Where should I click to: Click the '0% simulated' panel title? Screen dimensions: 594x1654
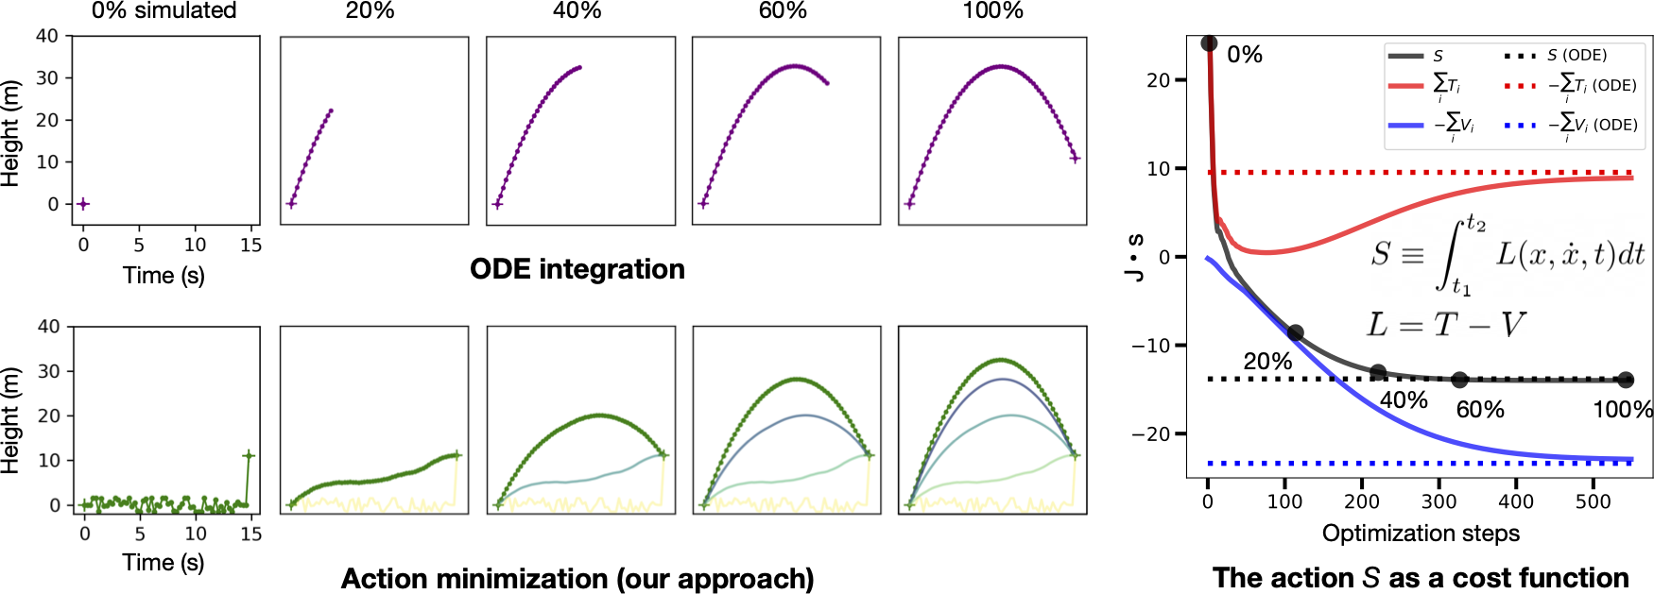point(164,11)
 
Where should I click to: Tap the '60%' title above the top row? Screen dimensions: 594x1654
point(783,11)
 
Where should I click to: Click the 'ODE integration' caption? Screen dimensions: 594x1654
point(577,269)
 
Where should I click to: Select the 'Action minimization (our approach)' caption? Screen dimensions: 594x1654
point(577,578)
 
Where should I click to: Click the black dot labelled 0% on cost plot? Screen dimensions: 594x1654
point(1209,43)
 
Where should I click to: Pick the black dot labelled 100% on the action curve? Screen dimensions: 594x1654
point(1625,380)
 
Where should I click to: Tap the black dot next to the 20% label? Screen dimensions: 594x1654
point(1295,333)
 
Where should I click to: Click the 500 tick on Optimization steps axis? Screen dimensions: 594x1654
point(1593,501)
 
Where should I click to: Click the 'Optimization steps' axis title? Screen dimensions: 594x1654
point(1420,534)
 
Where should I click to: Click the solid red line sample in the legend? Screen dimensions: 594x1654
point(1405,86)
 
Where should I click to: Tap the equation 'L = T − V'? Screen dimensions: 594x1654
point(1444,325)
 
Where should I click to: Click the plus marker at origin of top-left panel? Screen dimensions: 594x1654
point(83,204)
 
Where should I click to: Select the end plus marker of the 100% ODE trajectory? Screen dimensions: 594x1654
point(1075,159)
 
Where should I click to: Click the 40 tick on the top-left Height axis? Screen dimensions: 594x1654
point(47,37)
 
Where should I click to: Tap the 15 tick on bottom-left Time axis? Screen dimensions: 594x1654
point(250,534)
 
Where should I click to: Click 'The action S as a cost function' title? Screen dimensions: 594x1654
point(1420,578)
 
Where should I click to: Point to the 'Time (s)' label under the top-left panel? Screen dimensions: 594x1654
point(164,275)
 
